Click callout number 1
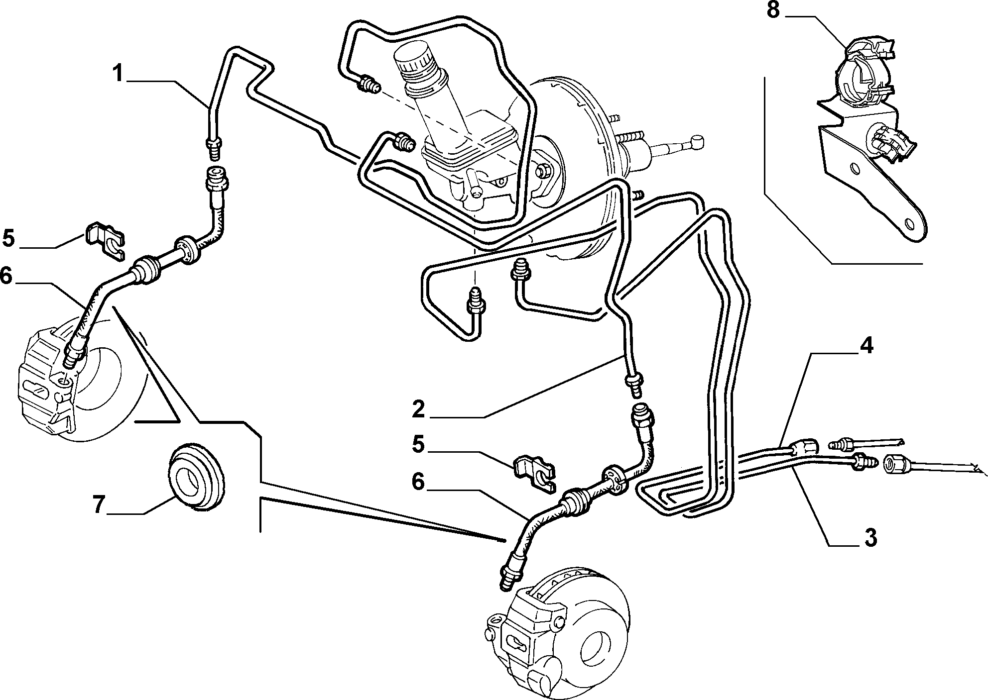click(x=118, y=73)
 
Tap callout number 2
click(x=418, y=409)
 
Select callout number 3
click(x=869, y=537)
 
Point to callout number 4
click(x=866, y=345)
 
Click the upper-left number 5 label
click(x=8, y=238)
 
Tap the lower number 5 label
click(x=418, y=444)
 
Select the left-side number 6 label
click(x=6, y=276)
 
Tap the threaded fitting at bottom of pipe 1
click(x=214, y=147)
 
